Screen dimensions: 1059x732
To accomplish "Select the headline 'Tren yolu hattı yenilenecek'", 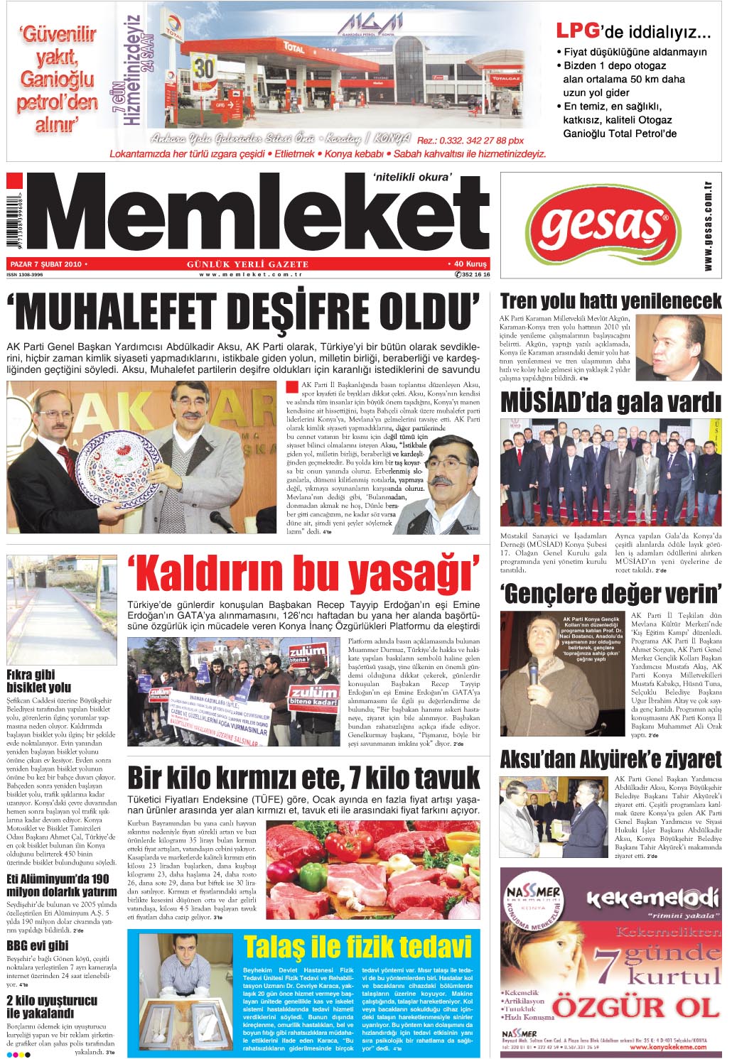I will (x=610, y=301).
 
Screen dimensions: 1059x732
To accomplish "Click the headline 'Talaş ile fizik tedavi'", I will (x=357, y=946).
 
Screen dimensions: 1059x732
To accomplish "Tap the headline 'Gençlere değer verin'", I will (x=610, y=593).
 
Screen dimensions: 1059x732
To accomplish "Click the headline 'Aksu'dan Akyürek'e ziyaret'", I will (x=610, y=759).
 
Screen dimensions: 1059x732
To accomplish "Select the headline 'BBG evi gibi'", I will (x=38, y=945).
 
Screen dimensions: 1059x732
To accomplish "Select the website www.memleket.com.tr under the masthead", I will (x=251, y=274).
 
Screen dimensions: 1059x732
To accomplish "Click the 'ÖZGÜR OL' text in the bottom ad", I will (x=636, y=1007).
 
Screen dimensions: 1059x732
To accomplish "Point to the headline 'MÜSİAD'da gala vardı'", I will (x=610, y=403).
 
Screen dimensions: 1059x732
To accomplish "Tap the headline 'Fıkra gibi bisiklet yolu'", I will (x=39, y=680).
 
